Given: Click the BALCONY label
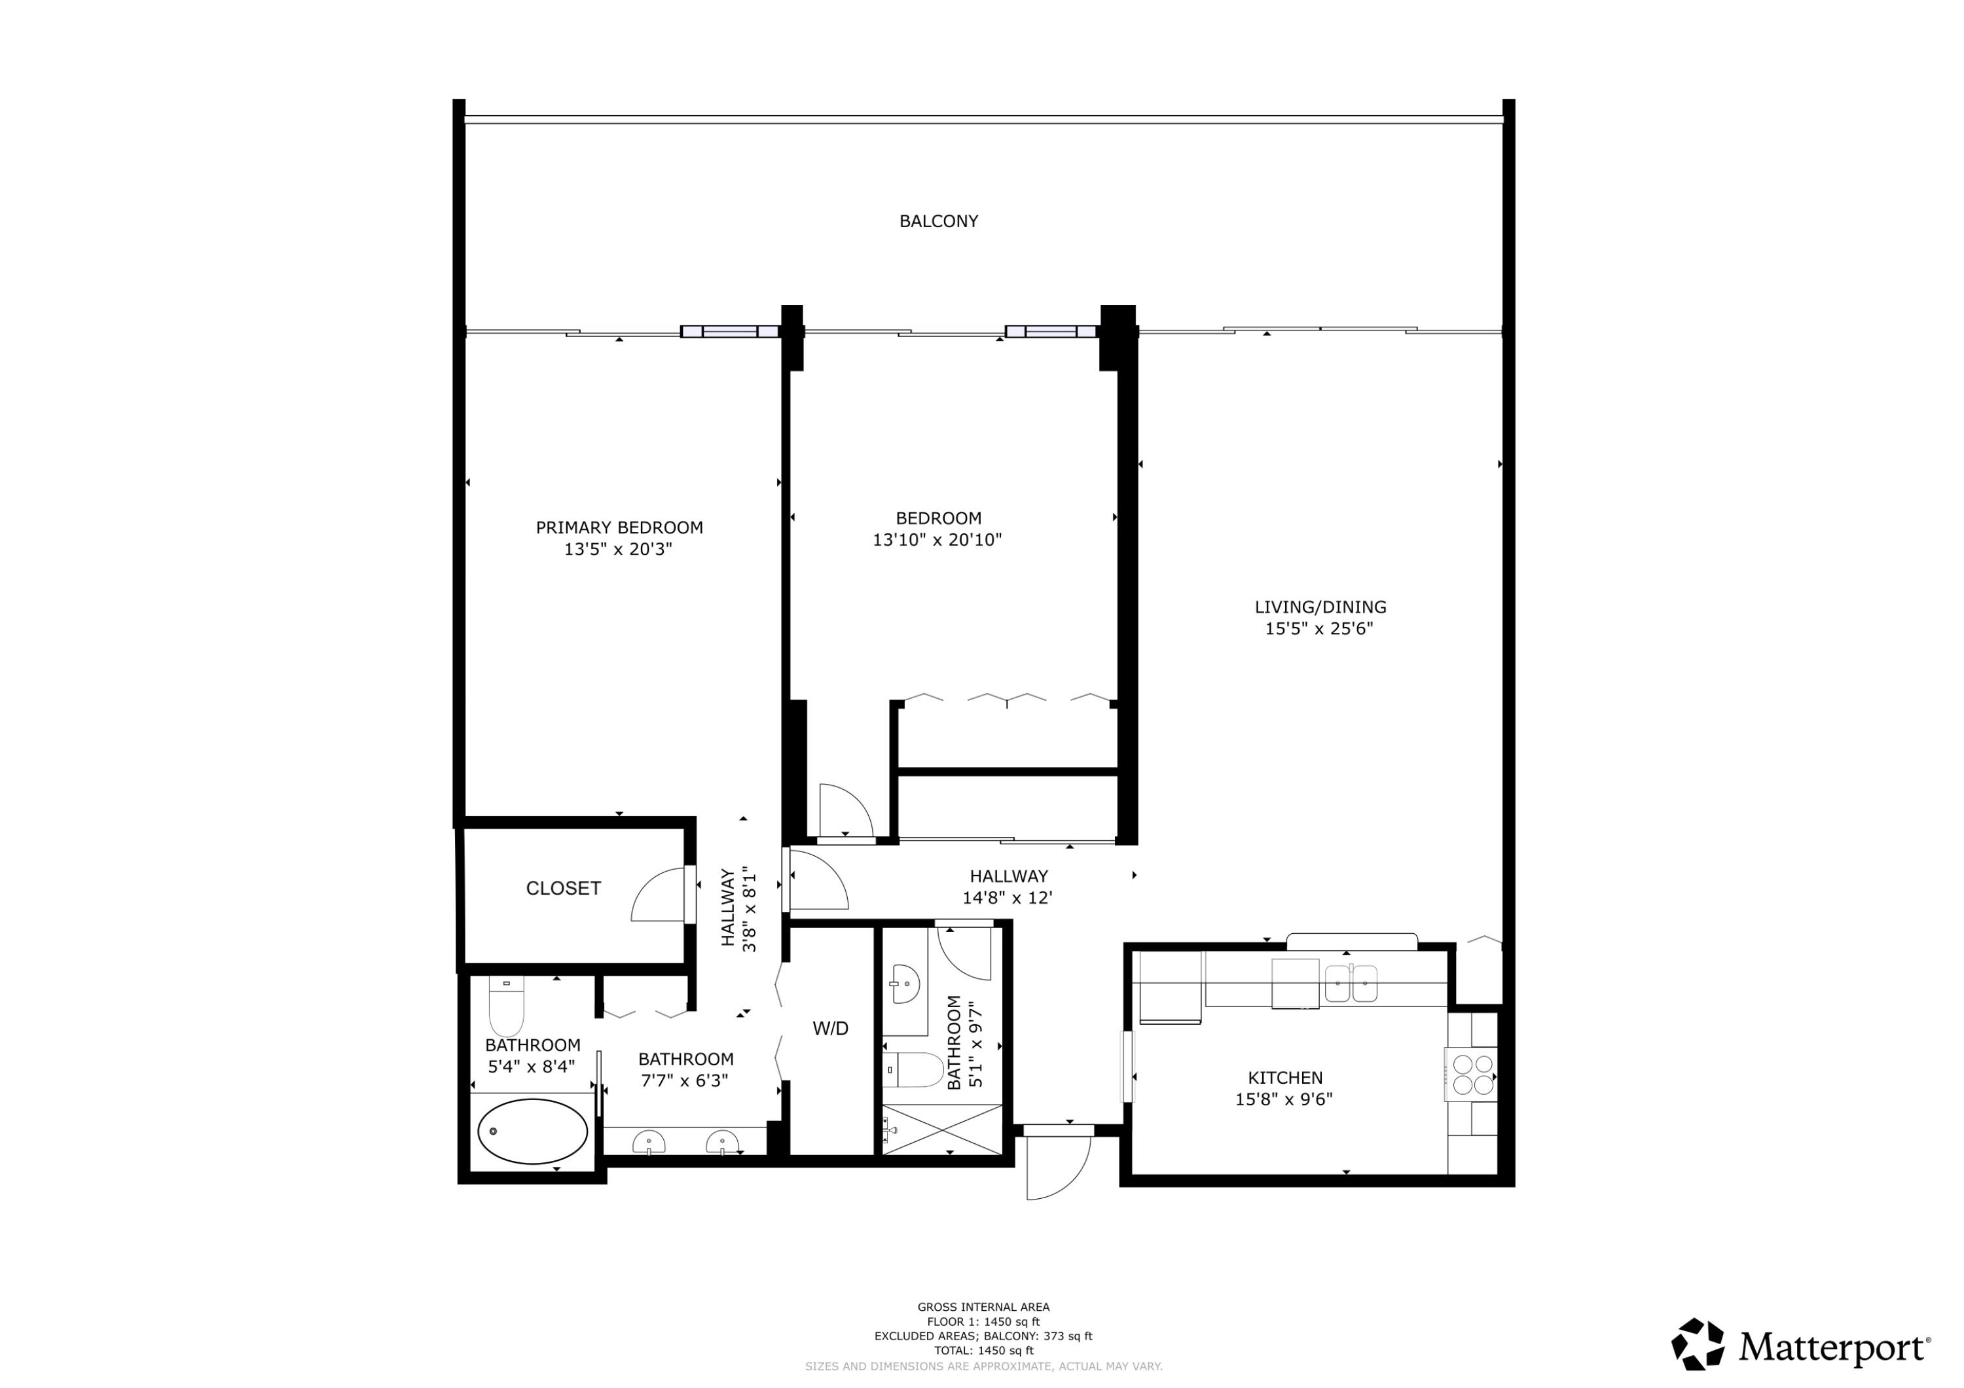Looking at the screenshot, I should [x=938, y=221].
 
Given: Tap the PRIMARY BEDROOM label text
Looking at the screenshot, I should [x=619, y=527].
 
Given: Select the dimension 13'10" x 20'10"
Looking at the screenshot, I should [x=937, y=541].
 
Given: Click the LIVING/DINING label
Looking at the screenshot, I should [x=1320, y=607].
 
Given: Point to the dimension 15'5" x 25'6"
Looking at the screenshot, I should [x=1319, y=630].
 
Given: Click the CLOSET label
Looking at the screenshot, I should [x=563, y=889].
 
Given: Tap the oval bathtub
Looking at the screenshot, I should [x=532, y=1131].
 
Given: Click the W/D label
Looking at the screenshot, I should [x=829, y=1029].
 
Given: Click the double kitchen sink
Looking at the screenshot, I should [x=1351, y=984].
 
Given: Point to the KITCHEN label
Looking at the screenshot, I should [x=1285, y=1078].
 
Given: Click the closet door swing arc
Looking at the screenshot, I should [x=659, y=895].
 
